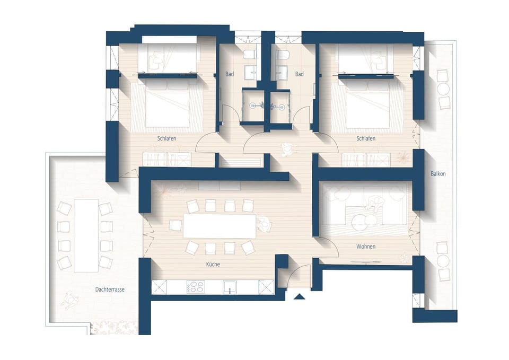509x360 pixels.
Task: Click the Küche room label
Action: tap(213, 264)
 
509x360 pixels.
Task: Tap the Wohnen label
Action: tap(366, 247)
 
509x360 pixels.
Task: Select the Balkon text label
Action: tap(438, 173)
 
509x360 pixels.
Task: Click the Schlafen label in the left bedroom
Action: tap(166, 138)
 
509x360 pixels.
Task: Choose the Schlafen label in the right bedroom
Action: tap(366, 138)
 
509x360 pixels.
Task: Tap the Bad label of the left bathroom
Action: tap(229, 74)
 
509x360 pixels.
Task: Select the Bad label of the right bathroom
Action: tap(300, 74)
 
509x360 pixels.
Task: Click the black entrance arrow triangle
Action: tap(300, 297)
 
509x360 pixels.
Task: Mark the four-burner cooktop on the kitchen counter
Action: tap(196, 287)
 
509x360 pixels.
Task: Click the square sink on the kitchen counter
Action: tap(230, 287)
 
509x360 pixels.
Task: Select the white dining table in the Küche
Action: tap(218, 225)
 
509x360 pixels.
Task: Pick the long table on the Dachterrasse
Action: tap(86, 235)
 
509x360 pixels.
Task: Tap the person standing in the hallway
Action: tap(287, 150)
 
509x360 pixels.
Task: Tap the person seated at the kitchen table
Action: tap(264, 225)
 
